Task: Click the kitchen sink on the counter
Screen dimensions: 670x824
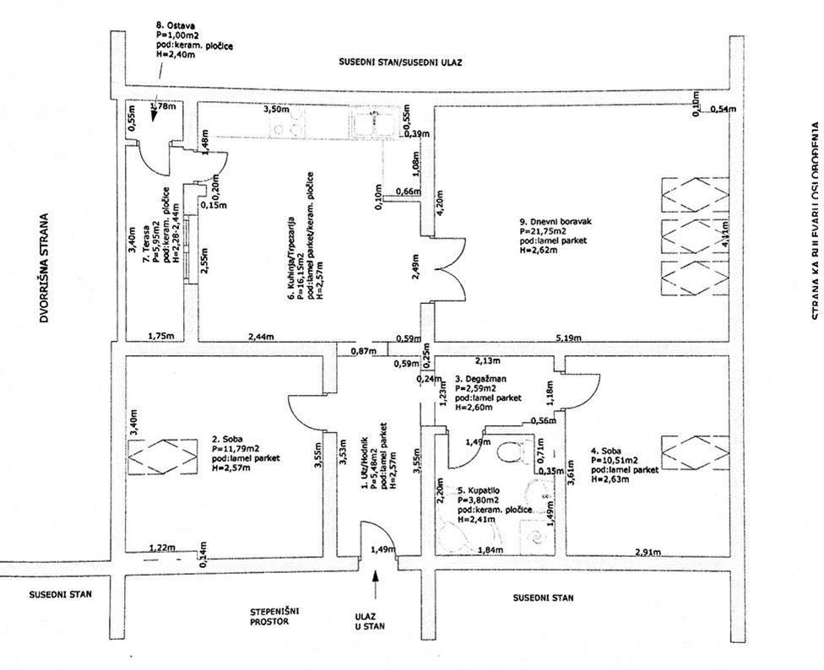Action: [368, 126]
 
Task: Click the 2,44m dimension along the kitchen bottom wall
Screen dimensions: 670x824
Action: [263, 314]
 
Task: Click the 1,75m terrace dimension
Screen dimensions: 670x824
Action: [160, 313]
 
